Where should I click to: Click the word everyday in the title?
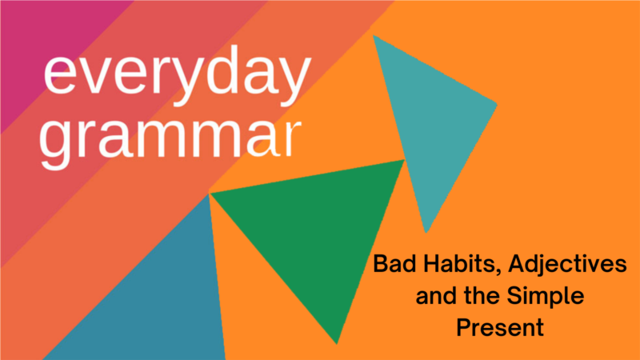[x=178, y=74]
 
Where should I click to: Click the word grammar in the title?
[x=170, y=138]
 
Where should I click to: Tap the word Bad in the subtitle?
[x=395, y=264]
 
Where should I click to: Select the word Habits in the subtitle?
[x=462, y=265]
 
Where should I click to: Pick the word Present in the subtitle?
[x=500, y=328]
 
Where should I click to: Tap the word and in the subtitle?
[x=436, y=295]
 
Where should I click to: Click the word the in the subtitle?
[x=482, y=295]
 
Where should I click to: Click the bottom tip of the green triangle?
[x=337, y=344]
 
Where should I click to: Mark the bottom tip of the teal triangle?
[x=426, y=233]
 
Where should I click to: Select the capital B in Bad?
[x=382, y=264]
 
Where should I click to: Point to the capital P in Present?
[x=464, y=328]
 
